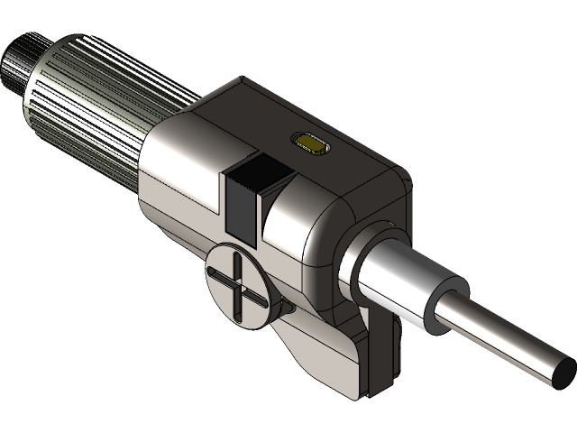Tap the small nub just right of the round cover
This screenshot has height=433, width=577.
coord(287,309)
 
